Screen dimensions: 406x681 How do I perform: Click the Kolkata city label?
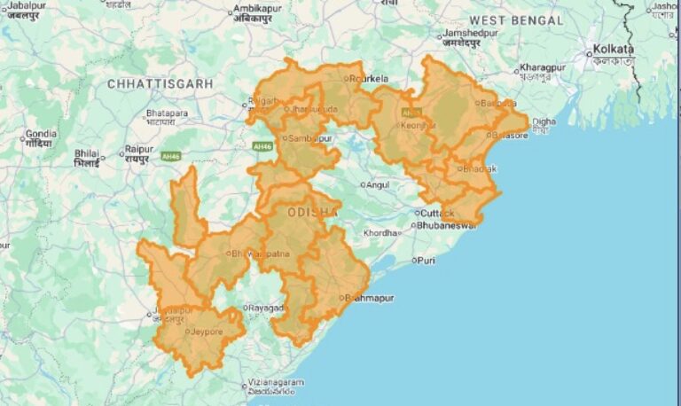pyautogui.click(x=614, y=50)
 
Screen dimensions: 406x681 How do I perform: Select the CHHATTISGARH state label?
pyautogui.click(x=160, y=83)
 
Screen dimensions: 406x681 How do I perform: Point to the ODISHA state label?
pyautogui.click(x=312, y=213)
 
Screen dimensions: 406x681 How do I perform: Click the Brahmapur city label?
pyautogui.click(x=369, y=298)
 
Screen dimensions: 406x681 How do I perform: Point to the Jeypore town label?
pyautogui.click(x=203, y=332)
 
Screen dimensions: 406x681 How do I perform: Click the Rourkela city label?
pyautogui.click(x=370, y=78)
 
